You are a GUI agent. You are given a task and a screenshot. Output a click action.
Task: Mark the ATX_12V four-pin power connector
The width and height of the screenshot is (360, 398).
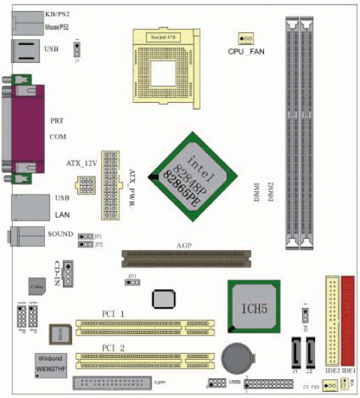point(84,185)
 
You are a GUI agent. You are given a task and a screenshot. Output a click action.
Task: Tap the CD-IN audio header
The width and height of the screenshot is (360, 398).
point(68,275)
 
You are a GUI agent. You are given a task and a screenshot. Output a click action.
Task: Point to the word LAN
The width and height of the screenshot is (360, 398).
point(64,216)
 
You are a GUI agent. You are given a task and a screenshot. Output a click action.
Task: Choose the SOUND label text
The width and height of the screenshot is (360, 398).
point(60,234)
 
